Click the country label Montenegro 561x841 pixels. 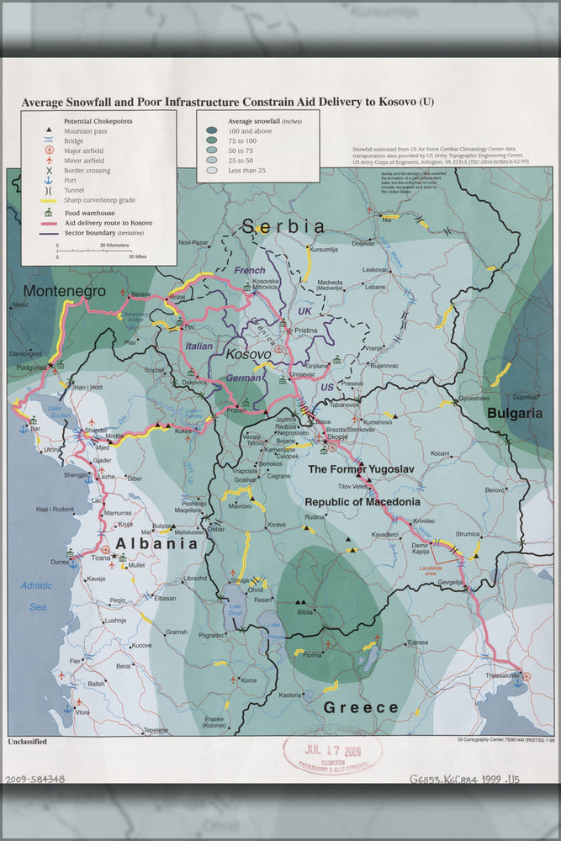(64, 291)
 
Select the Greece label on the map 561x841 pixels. (362, 707)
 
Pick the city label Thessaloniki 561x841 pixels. (497, 675)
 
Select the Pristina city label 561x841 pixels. (305, 331)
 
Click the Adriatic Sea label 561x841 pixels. (36, 595)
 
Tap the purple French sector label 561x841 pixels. (250, 271)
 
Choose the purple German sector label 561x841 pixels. (244, 378)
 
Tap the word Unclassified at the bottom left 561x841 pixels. (27, 742)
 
